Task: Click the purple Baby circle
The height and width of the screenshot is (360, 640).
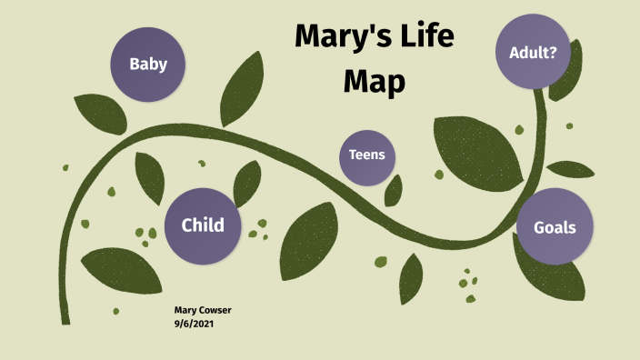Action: point(146,64)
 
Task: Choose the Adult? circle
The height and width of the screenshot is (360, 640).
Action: point(533,51)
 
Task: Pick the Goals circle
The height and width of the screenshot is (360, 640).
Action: point(554,227)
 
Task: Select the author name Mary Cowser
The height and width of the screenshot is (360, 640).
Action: point(202,310)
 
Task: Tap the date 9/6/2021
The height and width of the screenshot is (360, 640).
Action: point(195,323)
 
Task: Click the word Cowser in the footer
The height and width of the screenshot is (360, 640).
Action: point(215,310)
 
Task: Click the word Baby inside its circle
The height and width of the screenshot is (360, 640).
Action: point(146,64)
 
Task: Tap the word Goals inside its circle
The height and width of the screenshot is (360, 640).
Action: point(554,227)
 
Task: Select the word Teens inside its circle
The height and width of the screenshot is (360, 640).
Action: point(366,155)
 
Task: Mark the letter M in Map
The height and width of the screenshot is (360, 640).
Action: point(355,82)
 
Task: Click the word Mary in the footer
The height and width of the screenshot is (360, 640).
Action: point(185,310)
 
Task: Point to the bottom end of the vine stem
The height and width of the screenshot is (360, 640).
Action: point(65,320)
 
